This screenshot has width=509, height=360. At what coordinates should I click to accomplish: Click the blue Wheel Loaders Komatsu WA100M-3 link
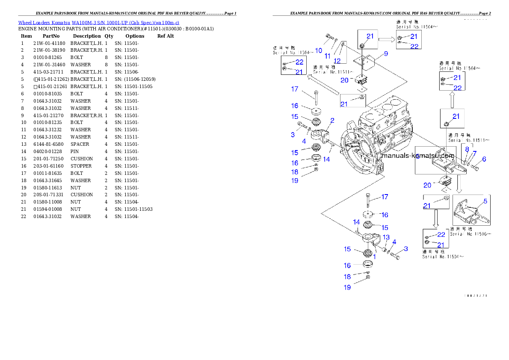tap(98, 22)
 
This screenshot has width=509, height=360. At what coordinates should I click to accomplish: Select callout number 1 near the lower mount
tap(374, 257)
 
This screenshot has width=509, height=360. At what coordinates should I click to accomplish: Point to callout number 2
tap(332, 121)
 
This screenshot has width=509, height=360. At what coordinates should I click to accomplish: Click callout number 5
tap(485, 201)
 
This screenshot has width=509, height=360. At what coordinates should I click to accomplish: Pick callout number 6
tap(484, 159)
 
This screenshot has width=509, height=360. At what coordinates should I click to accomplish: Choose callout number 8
tap(467, 149)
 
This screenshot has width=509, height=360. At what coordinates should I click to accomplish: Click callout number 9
tap(385, 54)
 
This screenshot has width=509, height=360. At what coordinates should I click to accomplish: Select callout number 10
tap(319, 50)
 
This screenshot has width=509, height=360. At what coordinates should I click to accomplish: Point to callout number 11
tap(328, 56)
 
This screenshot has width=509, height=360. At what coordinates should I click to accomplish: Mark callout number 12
tap(337, 60)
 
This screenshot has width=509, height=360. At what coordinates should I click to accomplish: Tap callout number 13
tap(386, 237)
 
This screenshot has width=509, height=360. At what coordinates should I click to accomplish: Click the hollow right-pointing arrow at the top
tap(386, 40)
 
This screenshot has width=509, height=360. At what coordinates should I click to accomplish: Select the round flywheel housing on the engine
tap(359, 150)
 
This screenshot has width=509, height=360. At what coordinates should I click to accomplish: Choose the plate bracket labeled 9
tap(366, 61)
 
